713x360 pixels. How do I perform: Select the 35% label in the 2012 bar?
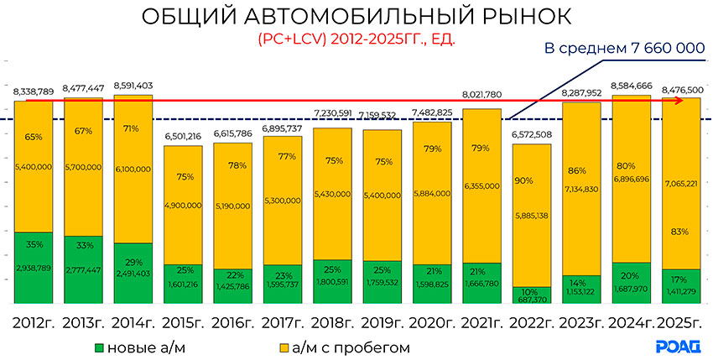click(34, 246)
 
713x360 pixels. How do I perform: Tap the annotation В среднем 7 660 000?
click(624, 50)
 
